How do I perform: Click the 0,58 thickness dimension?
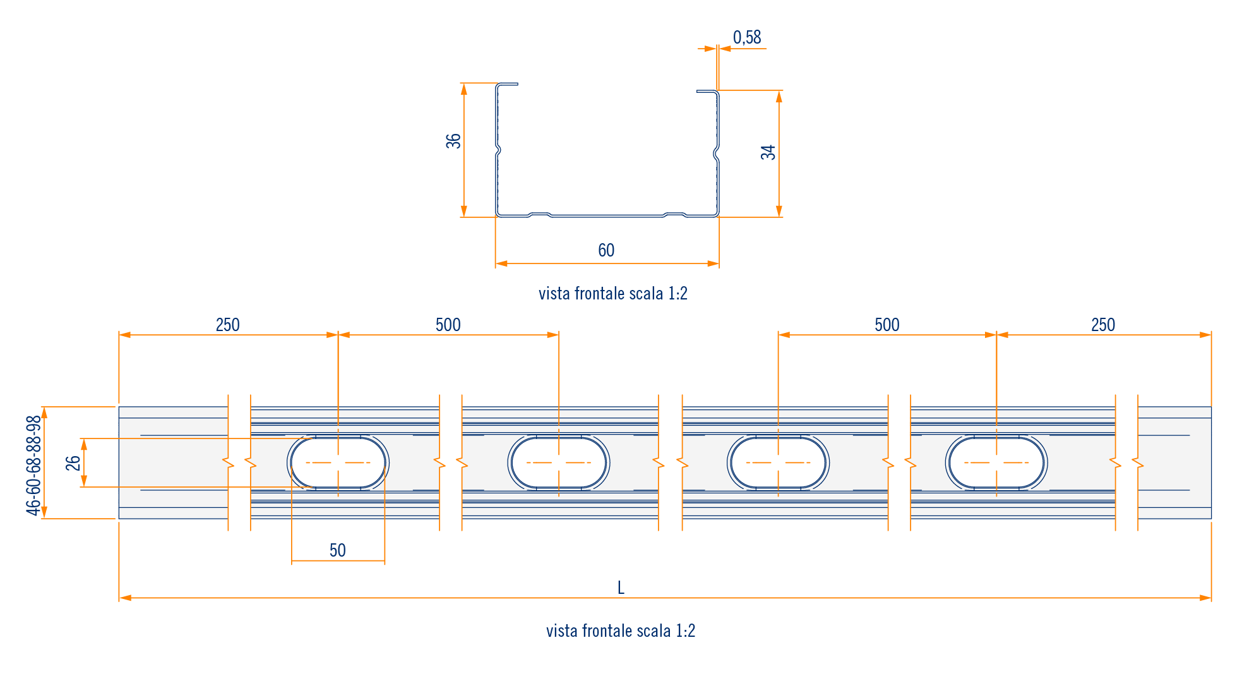click(747, 38)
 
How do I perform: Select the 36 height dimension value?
click(453, 141)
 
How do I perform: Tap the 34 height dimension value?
click(768, 152)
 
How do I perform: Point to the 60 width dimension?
click(606, 250)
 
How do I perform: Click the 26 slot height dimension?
click(73, 463)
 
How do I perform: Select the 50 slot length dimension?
click(338, 550)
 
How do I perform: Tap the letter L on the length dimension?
click(621, 588)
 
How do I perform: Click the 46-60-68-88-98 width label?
click(33, 465)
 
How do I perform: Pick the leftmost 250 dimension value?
click(227, 325)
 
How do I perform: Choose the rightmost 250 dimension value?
click(1103, 325)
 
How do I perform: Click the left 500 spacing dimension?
click(448, 325)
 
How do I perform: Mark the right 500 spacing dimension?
click(887, 325)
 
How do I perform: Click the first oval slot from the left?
click(338, 462)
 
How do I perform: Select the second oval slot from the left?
click(559, 462)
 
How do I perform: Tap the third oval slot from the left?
click(778, 462)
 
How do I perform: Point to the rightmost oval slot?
click(996, 462)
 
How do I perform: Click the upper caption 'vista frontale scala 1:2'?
click(612, 293)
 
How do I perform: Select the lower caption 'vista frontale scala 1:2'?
click(620, 631)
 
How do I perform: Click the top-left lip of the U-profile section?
click(508, 83)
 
